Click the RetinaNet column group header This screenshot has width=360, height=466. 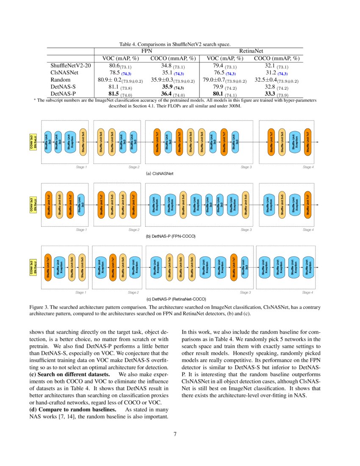coord(251,51)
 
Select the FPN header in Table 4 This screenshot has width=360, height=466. coord(146,51)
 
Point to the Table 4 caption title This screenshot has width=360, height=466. coord(174,44)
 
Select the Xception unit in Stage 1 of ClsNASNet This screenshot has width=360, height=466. coord(72,142)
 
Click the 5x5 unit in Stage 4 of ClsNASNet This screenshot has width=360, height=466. coord(281,142)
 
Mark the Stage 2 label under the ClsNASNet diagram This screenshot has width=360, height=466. coord(133,167)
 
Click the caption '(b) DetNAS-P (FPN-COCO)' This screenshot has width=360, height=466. coord(170,236)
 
